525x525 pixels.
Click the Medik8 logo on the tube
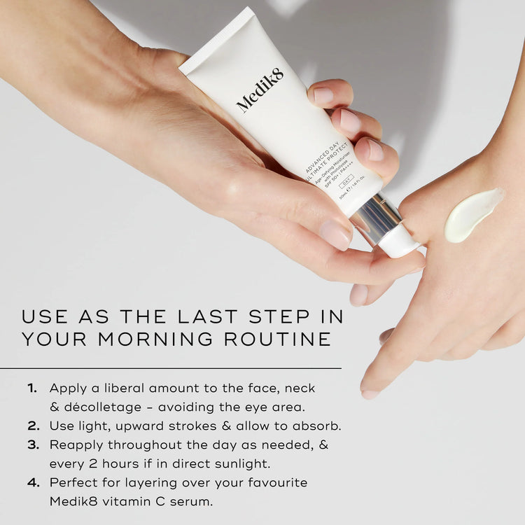coord(260,90)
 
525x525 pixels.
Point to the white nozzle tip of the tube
coord(399,241)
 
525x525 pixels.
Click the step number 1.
coord(32,388)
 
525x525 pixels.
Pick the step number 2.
coord(33,426)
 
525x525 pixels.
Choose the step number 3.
coord(33,444)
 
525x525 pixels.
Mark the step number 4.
coord(33,482)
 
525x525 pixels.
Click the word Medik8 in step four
coord(70,501)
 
